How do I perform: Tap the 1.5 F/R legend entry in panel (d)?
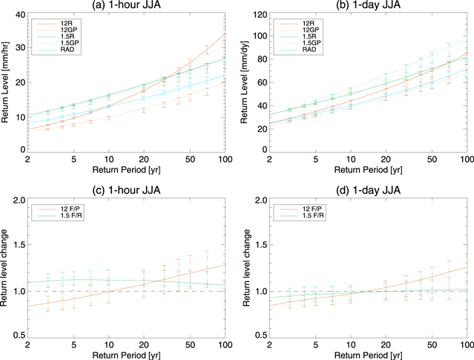[x=309, y=215]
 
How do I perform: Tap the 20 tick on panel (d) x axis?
[x=386, y=346]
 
